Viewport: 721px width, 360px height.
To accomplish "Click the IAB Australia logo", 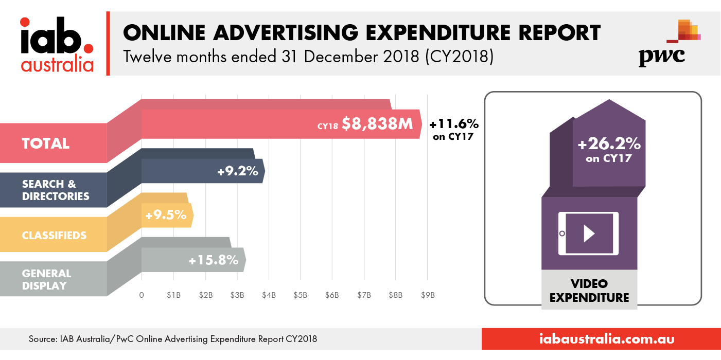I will coord(57,44).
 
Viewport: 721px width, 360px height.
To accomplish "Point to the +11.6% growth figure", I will coord(453,124).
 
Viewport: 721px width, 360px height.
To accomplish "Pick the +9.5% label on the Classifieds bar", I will coord(166,215).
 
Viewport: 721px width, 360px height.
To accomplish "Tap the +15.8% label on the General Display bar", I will coord(213,260).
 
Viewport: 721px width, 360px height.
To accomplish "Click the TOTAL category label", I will coord(45,143).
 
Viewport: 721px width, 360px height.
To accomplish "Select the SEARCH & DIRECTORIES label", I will coord(56,190).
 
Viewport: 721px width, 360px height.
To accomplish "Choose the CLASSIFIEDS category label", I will coord(54,236).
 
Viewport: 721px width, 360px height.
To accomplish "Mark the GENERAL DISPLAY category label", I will coord(46,279).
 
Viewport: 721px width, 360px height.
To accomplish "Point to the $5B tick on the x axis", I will coord(301,295).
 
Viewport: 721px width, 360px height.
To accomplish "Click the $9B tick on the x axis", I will coord(428,295).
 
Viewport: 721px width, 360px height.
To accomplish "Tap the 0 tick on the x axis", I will coord(142,295).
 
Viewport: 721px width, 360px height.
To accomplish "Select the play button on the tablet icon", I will coord(589,234).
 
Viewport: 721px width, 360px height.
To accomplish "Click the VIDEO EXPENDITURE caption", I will coord(589,291).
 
